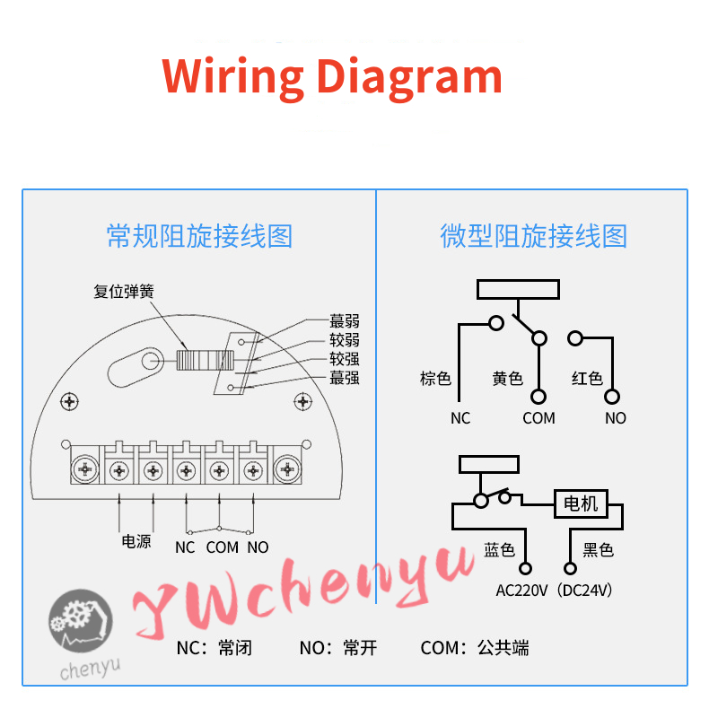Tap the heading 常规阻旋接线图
[x=199, y=236]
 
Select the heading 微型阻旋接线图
[x=533, y=236]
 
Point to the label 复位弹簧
[x=124, y=291]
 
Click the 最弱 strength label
[x=345, y=320]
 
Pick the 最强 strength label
[x=345, y=378]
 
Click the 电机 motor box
[x=581, y=503]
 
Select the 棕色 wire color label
[x=435, y=379]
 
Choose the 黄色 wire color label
[x=507, y=379]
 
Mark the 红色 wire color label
[x=587, y=379]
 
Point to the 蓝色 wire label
[x=500, y=549]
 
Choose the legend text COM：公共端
[x=475, y=648]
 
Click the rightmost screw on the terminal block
[x=288, y=468]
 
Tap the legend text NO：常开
[x=338, y=648]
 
